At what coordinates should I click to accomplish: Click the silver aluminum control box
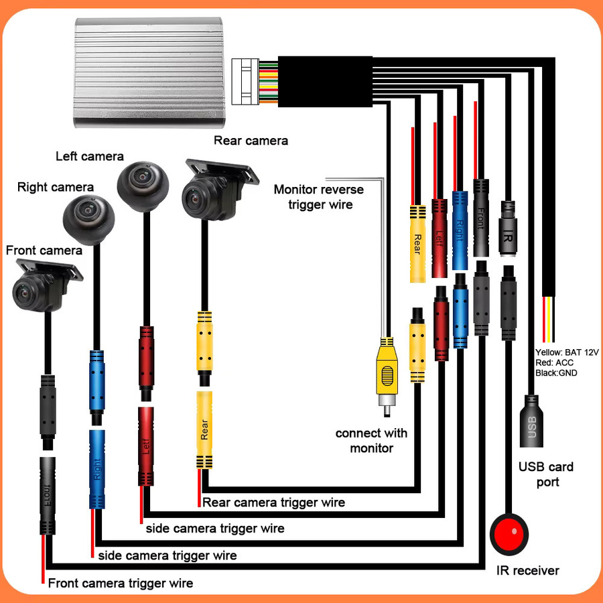(149, 72)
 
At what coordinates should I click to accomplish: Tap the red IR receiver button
(509, 534)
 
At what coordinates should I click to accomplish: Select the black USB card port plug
(531, 421)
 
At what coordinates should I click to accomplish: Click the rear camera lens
(194, 199)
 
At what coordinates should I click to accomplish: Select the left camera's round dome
(143, 186)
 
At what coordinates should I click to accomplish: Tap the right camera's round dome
(89, 220)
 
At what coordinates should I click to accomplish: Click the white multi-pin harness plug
(245, 82)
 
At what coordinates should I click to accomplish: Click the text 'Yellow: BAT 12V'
(567, 352)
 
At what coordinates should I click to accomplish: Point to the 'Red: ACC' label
(554, 362)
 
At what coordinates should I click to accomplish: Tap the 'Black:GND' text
(556, 373)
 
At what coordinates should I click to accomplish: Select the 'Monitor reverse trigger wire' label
(319, 197)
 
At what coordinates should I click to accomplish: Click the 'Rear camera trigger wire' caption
(273, 503)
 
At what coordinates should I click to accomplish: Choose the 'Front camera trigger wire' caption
(121, 583)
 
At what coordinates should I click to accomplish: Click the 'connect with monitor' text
(371, 441)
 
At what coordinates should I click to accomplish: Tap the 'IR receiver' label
(528, 571)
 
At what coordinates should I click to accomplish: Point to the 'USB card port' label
(546, 474)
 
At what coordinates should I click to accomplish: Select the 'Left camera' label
(90, 156)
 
